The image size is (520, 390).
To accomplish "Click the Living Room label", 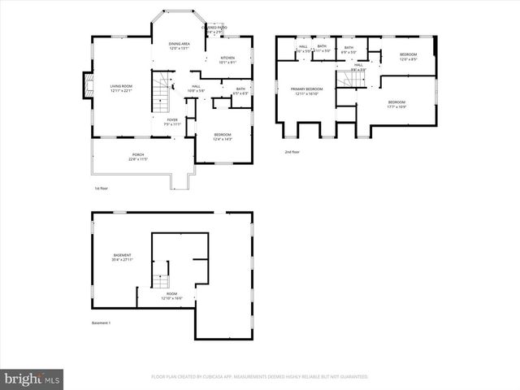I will click(121, 88).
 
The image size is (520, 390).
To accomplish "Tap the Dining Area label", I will click(180, 45).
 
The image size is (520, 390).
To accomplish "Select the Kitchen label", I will click(228, 59).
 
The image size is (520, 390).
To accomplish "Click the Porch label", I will click(138, 157).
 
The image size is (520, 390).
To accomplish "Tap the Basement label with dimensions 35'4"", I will click(122, 258).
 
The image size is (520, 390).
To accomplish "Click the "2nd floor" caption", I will click(292, 152).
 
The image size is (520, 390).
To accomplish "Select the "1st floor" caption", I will click(102, 188).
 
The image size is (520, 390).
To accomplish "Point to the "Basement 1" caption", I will click(101, 323).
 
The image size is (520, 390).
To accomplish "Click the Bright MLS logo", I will click(32, 379).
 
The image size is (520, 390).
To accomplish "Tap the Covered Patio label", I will click(216, 29).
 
